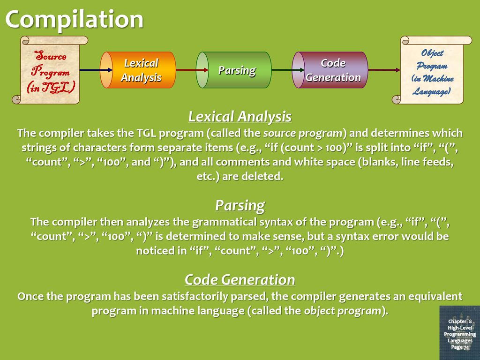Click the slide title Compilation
point(75,19)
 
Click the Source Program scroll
point(50,70)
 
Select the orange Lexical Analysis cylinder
point(138,70)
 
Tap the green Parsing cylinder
point(233,70)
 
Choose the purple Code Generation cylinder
point(330,70)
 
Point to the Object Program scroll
point(432,70)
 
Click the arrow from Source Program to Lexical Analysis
point(96,70)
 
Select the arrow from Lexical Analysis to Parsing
point(192,70)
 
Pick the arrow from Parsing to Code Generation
point(288,70)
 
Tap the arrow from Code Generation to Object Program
point(384,70)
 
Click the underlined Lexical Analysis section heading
point(240,117)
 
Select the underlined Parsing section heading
point(240,205)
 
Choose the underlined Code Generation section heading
point(240,280)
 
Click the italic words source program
point(303,133)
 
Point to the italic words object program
point(343,311)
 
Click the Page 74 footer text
point(460,347)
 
